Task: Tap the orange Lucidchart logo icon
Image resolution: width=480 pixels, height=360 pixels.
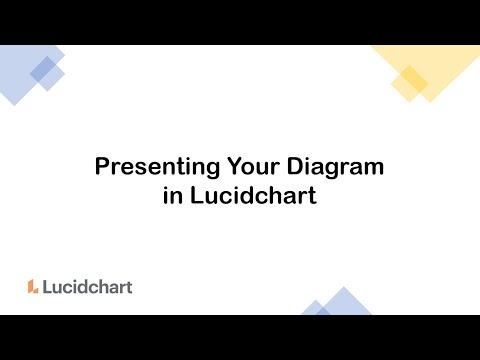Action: tap(33, 286)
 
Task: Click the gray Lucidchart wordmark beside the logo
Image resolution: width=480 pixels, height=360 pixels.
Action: tap(87, 286)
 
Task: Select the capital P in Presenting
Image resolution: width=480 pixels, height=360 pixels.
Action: tap(101, 166)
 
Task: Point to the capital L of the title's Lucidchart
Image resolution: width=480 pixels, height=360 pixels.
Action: tap(195, 195)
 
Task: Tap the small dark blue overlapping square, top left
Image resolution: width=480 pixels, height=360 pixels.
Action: tap(43, 68)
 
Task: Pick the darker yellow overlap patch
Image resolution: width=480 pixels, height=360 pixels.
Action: tap(409, 79)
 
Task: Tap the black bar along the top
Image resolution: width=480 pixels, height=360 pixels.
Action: tap(240, 22)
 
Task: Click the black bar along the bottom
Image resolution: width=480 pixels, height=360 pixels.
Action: tap(240, 337)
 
